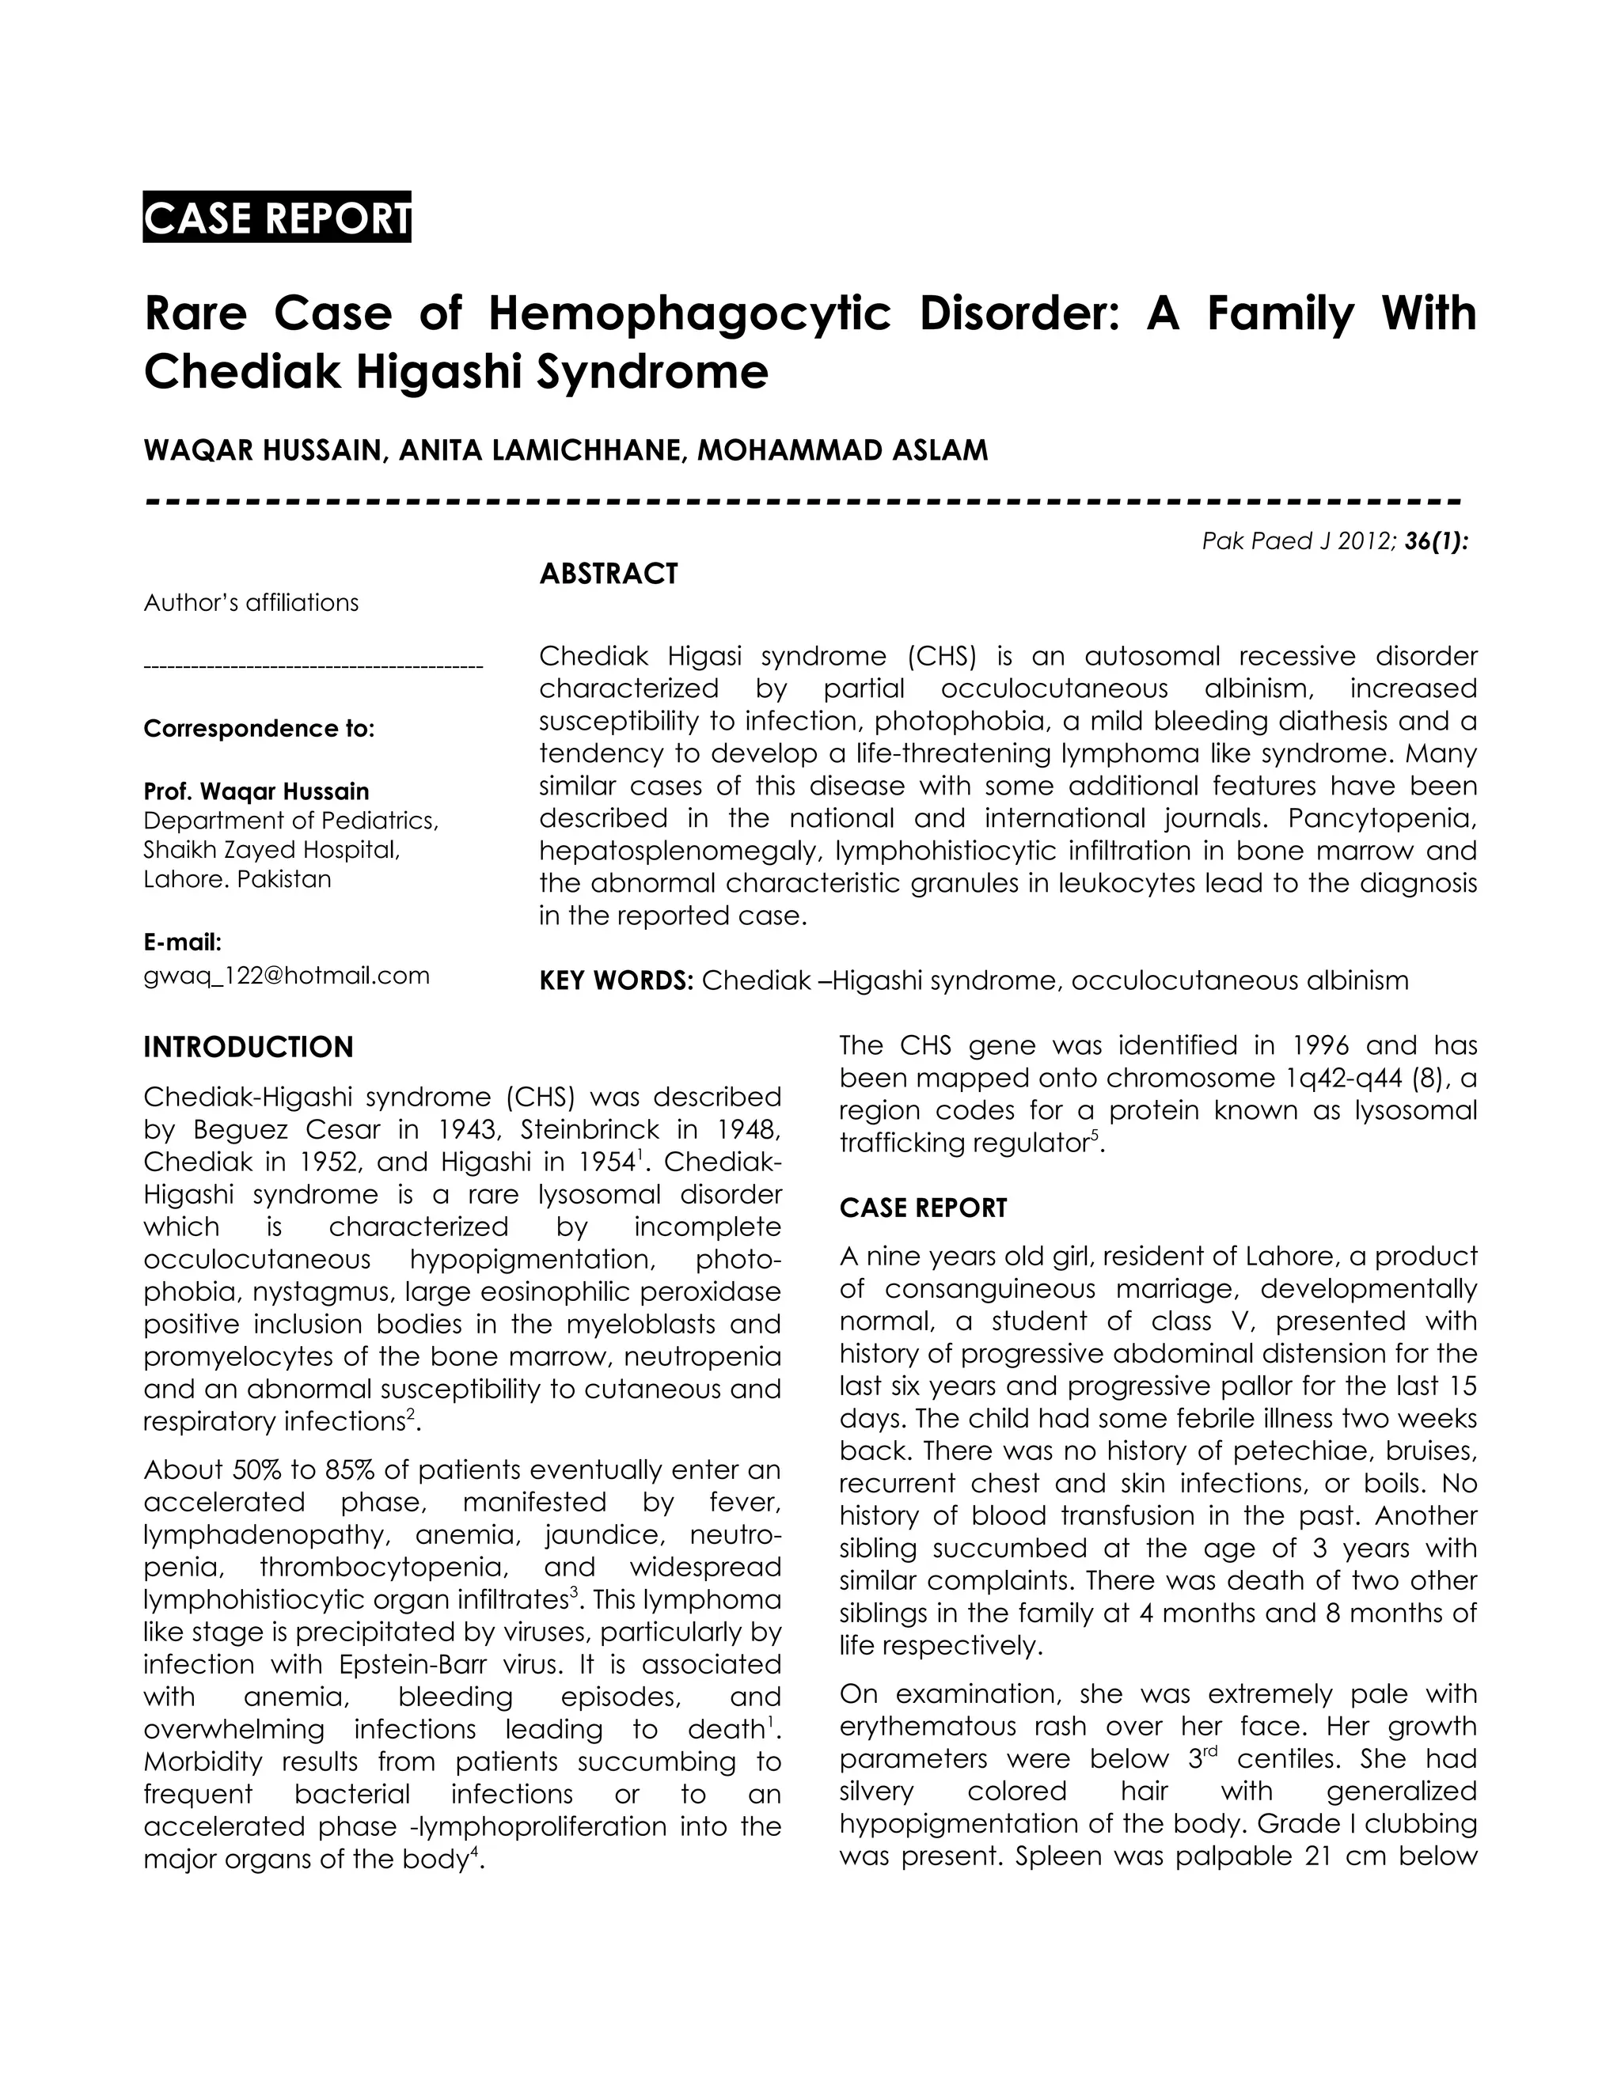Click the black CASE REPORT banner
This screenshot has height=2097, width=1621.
(x=276, y=218)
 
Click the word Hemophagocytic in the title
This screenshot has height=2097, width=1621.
(x=690, y=314)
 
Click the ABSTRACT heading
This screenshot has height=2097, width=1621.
(x=608, y=574)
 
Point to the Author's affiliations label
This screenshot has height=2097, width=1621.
(x=251, y=603)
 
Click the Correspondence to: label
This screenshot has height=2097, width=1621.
(x=258, y=729)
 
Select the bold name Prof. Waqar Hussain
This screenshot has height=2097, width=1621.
(x=256, y=791)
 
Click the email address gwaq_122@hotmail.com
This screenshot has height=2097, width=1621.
(x=287, y=976)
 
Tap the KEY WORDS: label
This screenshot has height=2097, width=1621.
(x=616, y=980)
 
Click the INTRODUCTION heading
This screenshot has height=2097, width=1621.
(x=248, y=1048)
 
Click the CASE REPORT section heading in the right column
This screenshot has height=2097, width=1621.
(x=923, y=1208)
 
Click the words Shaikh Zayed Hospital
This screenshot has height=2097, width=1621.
(x=271, y=850)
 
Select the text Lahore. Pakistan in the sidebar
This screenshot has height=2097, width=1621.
(x=237, y=879)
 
